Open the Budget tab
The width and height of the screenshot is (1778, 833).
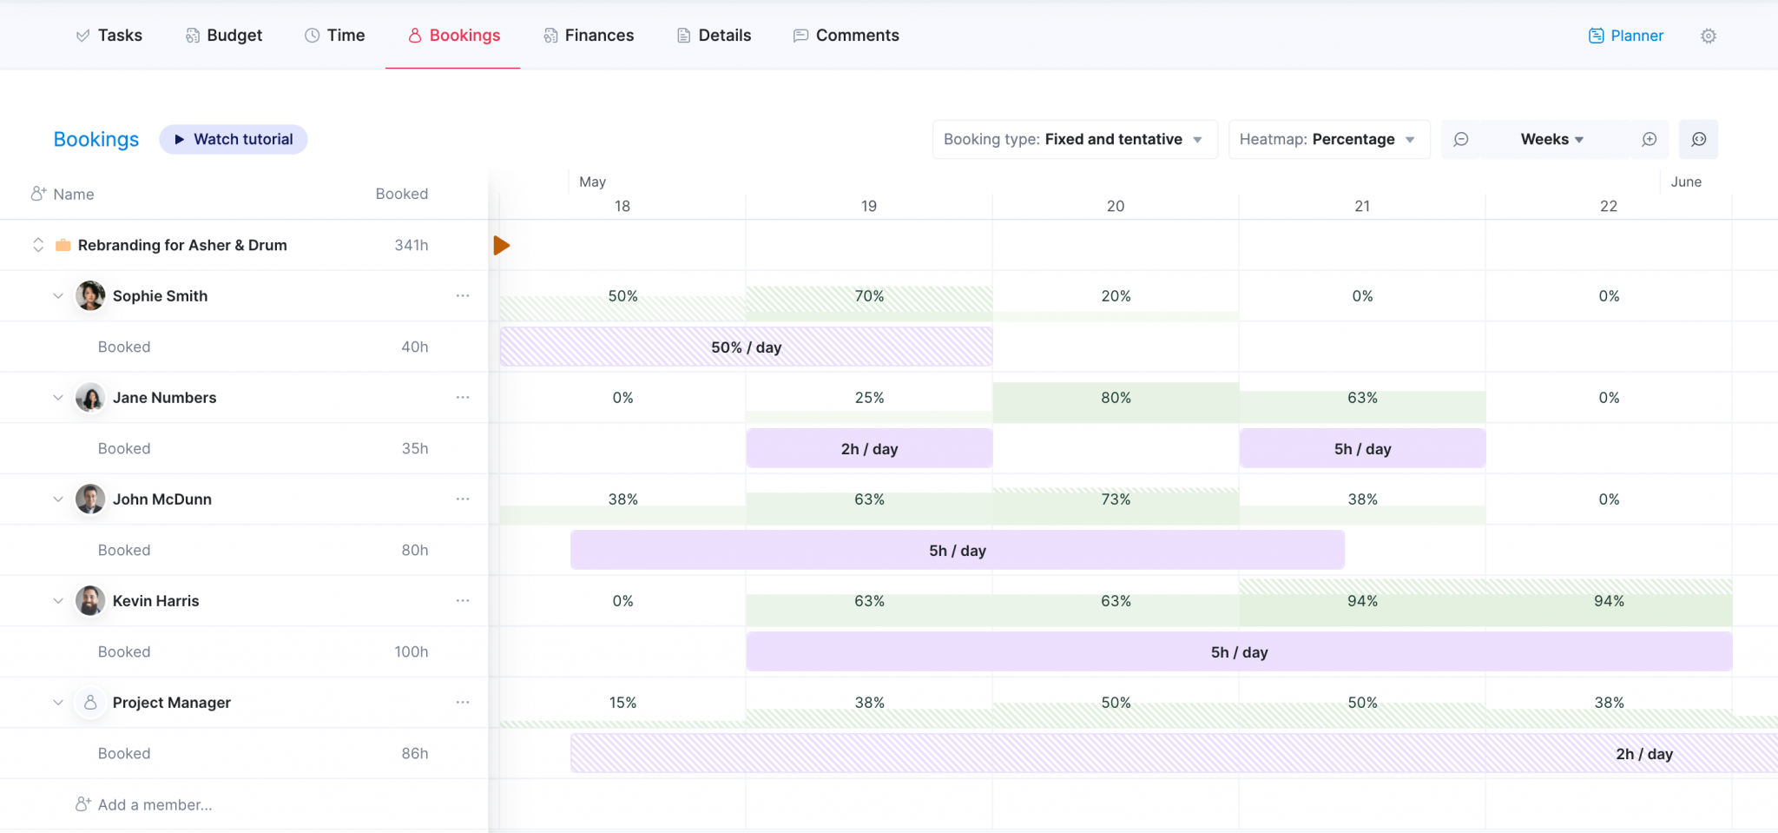[224, 36]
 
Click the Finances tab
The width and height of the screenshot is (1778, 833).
[589, 36]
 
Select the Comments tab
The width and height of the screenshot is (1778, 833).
[846, 36]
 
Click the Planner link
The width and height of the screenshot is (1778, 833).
[1626, 36]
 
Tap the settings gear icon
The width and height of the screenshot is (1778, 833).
[1708, 36]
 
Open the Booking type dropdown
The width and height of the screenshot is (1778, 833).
[1074, 139]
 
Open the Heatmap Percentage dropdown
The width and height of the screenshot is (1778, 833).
[1328, 139]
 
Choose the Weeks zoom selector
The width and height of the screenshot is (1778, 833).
[1552, 139]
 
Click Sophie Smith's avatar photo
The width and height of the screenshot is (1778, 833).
[90, 295]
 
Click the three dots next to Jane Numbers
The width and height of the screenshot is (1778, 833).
[463, 397]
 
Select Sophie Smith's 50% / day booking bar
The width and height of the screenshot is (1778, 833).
[746, 347]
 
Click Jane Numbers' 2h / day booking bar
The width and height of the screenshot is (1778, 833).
[869, 448]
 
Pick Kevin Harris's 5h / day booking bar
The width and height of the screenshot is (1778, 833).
[1239, 651]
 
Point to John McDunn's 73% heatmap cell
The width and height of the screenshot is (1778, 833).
[1116, 499]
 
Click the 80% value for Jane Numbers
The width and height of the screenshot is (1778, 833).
[1116, 398]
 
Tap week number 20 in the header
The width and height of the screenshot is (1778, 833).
[1116, 206]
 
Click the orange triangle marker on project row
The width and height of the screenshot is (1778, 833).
[501, 245]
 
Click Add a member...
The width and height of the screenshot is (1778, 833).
[154, 804]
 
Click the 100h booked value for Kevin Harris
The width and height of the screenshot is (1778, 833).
[411, 651]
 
